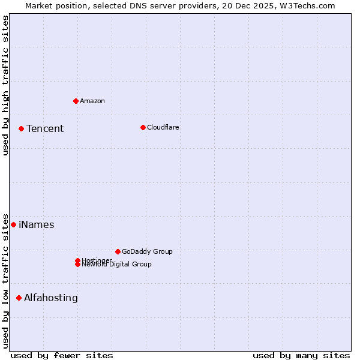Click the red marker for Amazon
[76, 101]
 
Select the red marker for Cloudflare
[143, 127]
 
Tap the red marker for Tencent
[21, 128]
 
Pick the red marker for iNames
[13, 224]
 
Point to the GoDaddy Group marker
[118, 251]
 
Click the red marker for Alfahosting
[19, 298]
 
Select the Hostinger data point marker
[77, 260]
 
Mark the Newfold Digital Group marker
[77, 265]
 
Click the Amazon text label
[92, 101]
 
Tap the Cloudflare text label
[163, 127]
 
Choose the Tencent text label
[45, 128]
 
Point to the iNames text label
[37, 225]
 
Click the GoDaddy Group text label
[147, 251]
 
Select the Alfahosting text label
[51, 298]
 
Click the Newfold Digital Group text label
[117, 265]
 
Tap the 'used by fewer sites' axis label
[62, 355]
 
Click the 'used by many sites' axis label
[301, 355]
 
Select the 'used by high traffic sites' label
[6, 85]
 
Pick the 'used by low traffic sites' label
[6, 280]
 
